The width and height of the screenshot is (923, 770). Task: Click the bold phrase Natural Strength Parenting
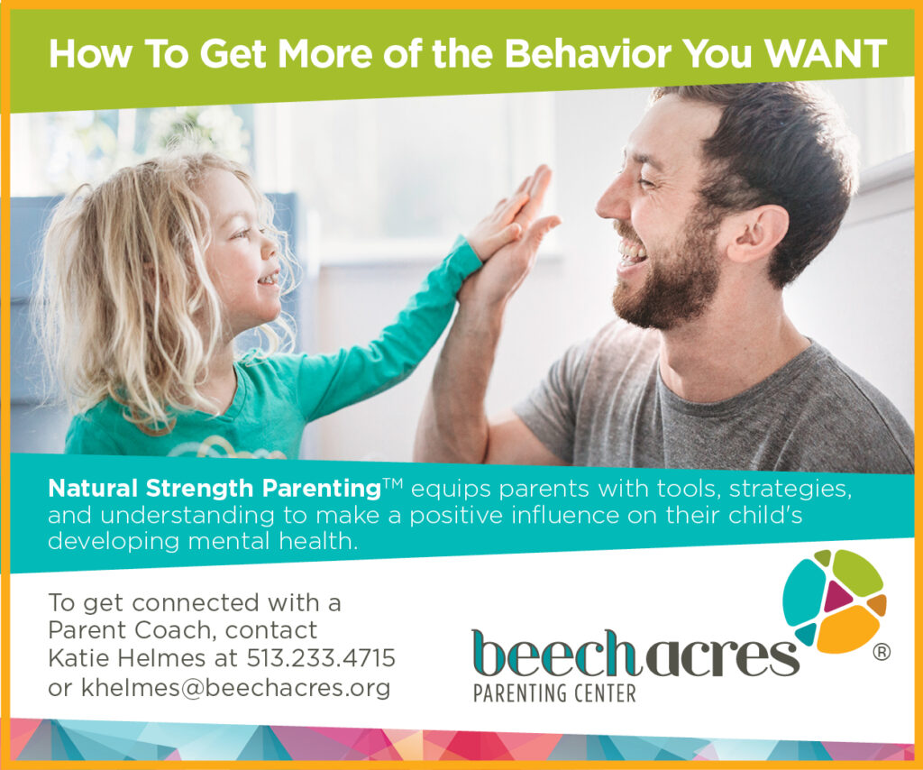tap(214, 490)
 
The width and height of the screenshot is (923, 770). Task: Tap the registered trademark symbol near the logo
tap(882, 653)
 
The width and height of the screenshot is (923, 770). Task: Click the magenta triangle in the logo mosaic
tap(837, 595)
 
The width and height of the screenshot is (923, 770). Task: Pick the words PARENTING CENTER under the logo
tap(555, 693)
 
